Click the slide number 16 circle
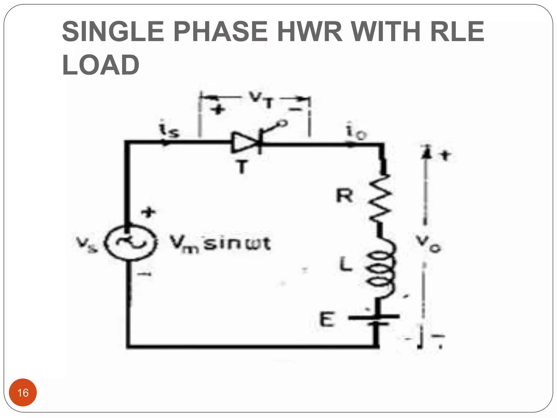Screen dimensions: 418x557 23,392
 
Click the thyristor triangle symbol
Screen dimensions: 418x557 244,142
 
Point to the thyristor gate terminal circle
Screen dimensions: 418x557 283,124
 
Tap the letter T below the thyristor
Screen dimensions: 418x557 242,167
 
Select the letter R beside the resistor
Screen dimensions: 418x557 344,196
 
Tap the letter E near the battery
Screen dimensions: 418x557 326,319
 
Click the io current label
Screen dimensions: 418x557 356,132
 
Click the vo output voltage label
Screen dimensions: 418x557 428,243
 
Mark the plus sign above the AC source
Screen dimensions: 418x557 148,212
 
